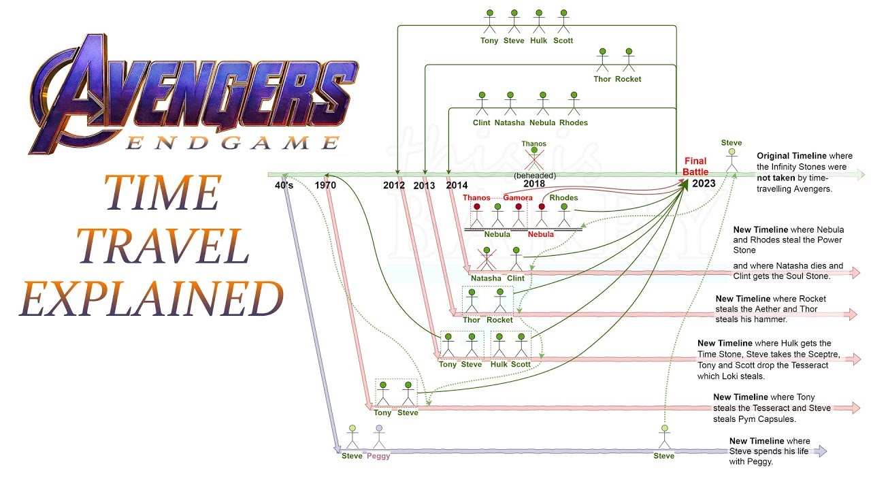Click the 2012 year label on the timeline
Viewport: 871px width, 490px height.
[394, 185]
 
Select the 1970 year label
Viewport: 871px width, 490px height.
[327, 185]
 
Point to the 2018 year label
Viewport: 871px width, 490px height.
[534, 184]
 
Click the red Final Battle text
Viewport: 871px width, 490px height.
[695, 167]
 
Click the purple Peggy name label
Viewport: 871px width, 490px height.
[378, 456]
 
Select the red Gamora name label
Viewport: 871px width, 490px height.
[518, 198]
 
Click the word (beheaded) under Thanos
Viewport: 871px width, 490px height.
[534, 176]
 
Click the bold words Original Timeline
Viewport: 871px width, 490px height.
[789, 156]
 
